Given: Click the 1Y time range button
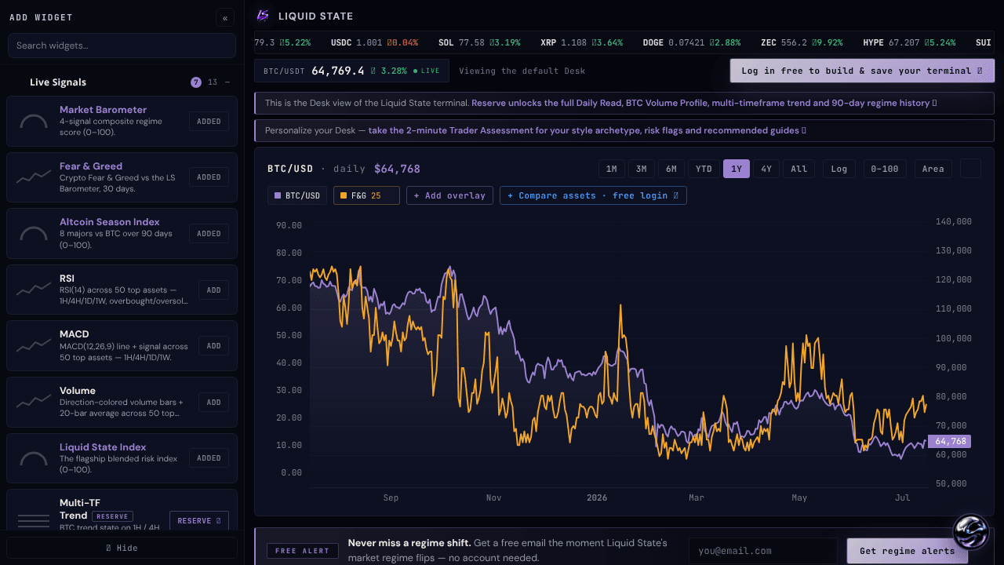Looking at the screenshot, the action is pos(736,169).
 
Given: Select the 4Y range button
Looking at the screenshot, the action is pos(766,169).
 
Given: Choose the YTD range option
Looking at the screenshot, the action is pos(704,169).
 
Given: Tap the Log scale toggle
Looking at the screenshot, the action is pos(839,169).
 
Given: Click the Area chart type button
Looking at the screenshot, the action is pos(933,169).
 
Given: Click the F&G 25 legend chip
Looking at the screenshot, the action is pos(366,195).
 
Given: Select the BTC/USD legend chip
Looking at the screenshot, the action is pos(297,195).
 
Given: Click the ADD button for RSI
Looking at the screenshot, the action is pos(213,290).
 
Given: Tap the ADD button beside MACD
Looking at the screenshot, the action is pos(213,346).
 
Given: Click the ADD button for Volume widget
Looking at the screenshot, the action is pos(213,403).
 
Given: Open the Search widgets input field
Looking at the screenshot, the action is pos(122,46).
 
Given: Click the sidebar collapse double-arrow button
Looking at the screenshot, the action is pos(225,18).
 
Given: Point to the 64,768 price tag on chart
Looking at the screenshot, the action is pos(949,441).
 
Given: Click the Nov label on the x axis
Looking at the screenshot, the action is pos(493,498).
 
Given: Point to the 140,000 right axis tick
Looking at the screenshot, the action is pos(953,221).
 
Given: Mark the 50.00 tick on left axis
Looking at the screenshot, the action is pos(289,335).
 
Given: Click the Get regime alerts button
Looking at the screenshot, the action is pos(907,551).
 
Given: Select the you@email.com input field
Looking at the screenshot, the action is pos(763,551).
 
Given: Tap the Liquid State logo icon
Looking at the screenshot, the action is pos(263,16).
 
